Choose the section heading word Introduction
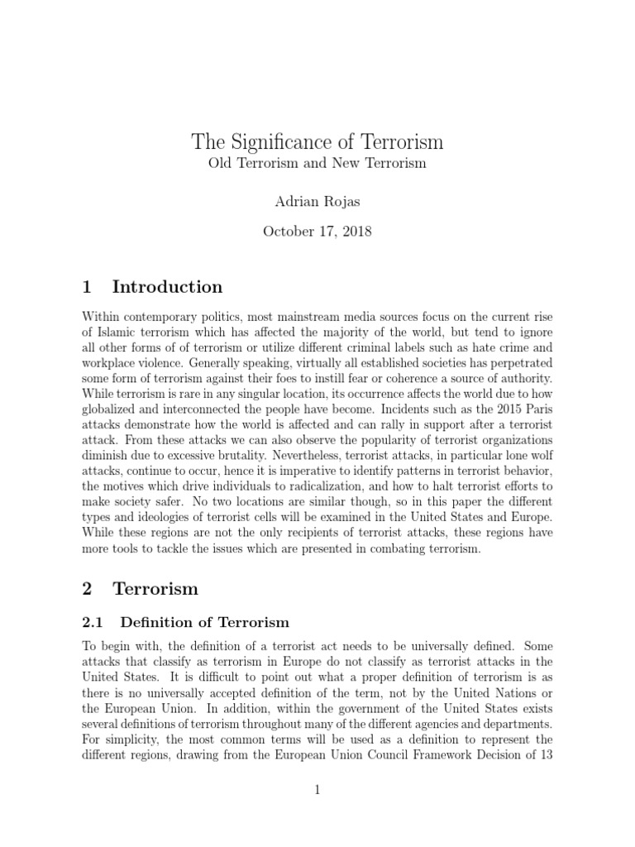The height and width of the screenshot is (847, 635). [x=167, y=287]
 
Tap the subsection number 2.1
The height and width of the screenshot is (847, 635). [x=94, y=622]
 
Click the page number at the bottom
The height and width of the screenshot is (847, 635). [x=317, y=791]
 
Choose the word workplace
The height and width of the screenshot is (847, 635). [x=114, y=363]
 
